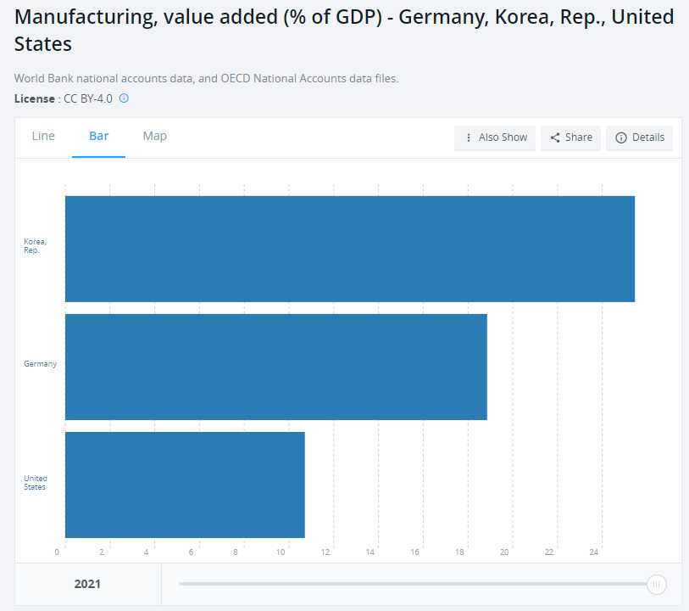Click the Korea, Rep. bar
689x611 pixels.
(x=349, y=249)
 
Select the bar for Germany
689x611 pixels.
(x=275, y=367)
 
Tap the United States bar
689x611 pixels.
(x=185, y=485)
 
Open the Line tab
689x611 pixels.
(x=43, y=136)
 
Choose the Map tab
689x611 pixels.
(x=154, y=136)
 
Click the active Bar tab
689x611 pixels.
(x=99, y=136)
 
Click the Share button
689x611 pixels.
(x=571, y=137)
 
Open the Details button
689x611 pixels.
(x=639, y=137)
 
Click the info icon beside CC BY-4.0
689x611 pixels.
(x=124, y=98)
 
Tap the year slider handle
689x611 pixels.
(x=656, y=584)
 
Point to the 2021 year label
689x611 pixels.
(x=87, y=584)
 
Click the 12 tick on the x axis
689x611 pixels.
(x=325, y=552)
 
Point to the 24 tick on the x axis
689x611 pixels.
(x=594, y=552)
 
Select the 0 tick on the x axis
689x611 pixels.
(x=57, y=552)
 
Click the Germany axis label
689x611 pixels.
(x=40, y=364)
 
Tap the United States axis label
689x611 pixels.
(x=35, y=483)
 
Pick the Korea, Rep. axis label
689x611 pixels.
(x=35, y=246)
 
